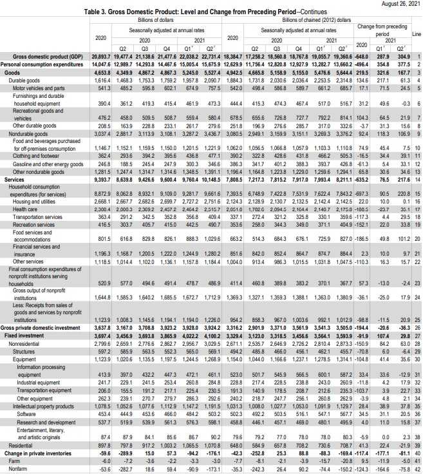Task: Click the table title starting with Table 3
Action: point(211,13)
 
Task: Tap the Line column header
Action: point(416,33)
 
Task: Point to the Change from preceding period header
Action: point(382,30)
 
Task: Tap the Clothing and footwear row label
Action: point(32,156)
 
